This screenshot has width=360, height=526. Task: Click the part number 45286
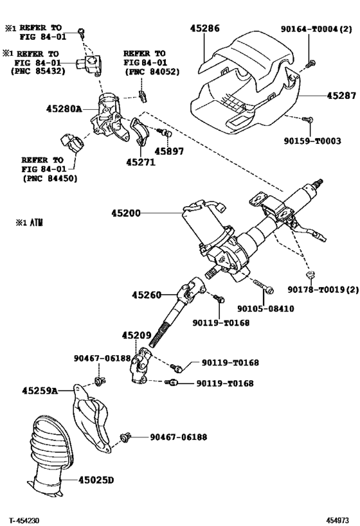[204, 29]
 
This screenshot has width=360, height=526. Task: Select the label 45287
[341, 95]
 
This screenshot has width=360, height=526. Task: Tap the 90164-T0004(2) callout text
[317, 29]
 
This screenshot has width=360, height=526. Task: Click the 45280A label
[64, 109]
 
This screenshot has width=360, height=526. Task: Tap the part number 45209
[136, 335]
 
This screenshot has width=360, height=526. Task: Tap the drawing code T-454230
[24, 520]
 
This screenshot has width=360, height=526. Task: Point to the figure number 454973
[337, 520]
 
